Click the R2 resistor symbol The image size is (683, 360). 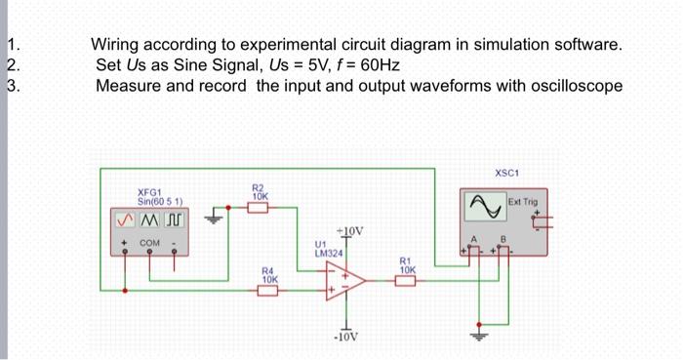(x=258, y=208)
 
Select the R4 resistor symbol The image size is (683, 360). (x=267, y=291)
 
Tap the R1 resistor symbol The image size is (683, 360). (x=405, y=281)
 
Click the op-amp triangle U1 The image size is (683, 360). (x=345, y=281)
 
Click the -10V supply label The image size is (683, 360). (x=345, y=337)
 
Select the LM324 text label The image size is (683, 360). (x=329, y=253)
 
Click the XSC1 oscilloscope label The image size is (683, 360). (x=507, y=173)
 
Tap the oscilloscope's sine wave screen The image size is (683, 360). (x=486, y=206)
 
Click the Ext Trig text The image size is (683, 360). (x=523, y=202)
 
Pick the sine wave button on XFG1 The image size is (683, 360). (x=126, y=220)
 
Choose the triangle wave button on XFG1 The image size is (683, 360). (x=150, y=220)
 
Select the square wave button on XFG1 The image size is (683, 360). (x=175, y=220)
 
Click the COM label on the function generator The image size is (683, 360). (x=149, y=243)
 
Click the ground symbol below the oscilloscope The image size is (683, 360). (x=479, y=335)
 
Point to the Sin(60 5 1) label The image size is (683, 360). (x=160, y=202)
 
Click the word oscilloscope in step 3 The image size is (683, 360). (x=577, y=86)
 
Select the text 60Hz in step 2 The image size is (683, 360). (x=381, y=65)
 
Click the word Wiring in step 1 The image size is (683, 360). (x=114, y=45)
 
